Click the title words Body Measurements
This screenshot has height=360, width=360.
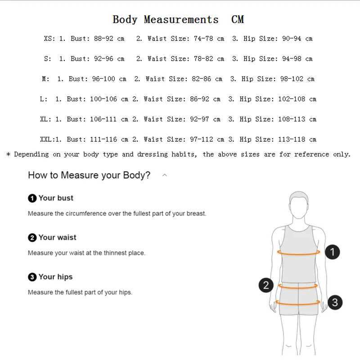pos(165,19)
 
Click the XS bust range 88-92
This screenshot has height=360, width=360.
pos(103,39)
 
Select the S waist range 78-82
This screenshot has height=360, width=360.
pos(203,59)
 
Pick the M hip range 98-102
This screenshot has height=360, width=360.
pos(292,79)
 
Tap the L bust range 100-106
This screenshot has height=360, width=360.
pos(103,99)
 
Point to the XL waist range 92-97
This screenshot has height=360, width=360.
pos(199,119)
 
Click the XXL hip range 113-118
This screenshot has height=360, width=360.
pos(292,139)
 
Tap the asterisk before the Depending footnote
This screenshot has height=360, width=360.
pos(8,154)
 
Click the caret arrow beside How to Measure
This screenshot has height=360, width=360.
pos(165,175)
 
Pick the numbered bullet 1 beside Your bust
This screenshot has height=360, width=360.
pos(32,198)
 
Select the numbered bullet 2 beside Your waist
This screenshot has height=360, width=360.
pos(32,238)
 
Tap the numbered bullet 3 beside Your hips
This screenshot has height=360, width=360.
pos(32,277)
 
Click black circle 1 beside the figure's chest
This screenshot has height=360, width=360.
pos(333,252)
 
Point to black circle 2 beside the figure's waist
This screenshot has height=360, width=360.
pos(266,285)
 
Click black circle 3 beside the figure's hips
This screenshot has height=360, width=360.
pos(335,302)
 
